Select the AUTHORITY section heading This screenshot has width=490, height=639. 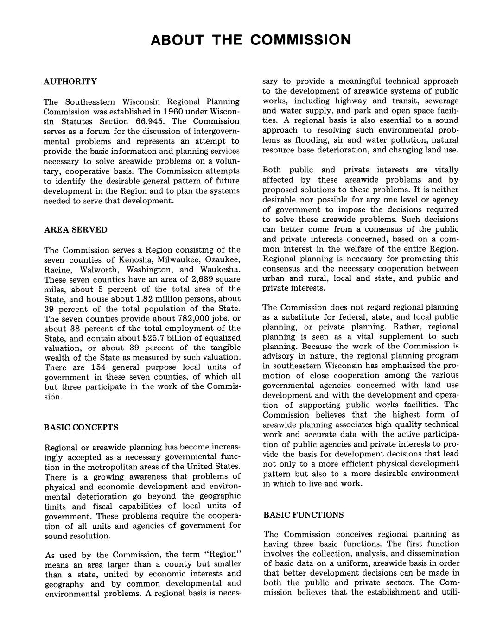tap(70, 82)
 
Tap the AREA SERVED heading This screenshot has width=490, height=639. tap(75, 230)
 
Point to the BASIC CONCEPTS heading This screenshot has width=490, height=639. tap(81, 427)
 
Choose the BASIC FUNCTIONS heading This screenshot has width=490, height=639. tap(303, 515)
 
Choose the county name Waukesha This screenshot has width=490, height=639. tap(220, 270)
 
